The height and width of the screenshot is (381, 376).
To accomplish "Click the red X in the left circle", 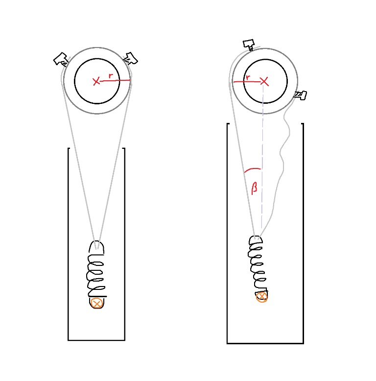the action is pos(96,81).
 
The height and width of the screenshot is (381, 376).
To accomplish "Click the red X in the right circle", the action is pos(264,81).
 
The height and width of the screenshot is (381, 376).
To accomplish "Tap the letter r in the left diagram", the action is pos(111,75).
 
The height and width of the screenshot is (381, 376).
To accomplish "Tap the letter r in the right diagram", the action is pos(248,77).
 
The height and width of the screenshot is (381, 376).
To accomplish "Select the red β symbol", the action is pos(254,188).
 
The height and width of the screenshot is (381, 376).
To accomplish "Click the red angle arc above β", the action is pos(252,169).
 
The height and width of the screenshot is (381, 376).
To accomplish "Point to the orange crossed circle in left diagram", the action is pos(96,303).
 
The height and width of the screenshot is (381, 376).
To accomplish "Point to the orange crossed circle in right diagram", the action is pos(261,297).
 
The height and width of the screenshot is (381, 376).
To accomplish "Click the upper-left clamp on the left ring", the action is pos(61,59).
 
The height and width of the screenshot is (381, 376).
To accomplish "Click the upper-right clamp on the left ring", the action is pos(130,59).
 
